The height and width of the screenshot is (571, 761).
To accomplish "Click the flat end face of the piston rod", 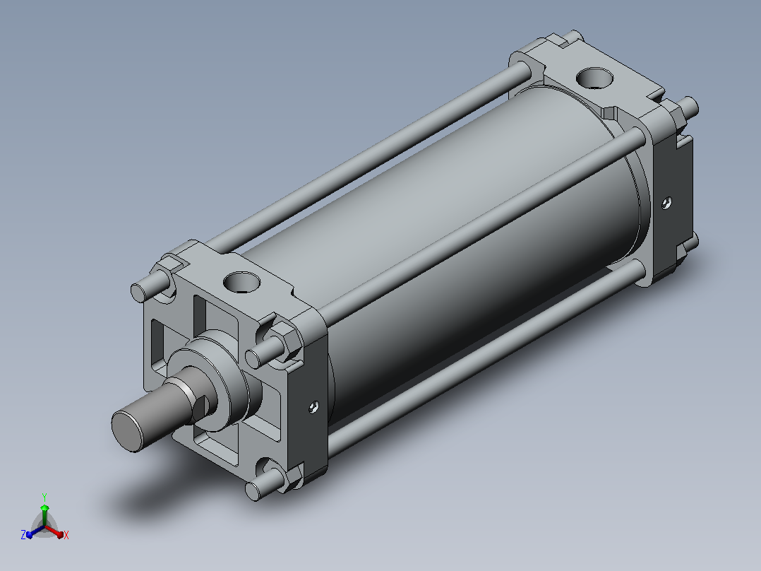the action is point(128,432).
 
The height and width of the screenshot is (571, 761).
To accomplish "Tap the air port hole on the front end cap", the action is point(241,282).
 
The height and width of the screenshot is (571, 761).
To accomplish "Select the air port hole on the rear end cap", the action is point(594,78).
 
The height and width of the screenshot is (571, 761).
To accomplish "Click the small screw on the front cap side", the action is point(314,407).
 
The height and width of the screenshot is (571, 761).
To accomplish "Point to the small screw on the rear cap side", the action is point(667,203).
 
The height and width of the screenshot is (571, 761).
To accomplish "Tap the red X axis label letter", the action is point(66,535).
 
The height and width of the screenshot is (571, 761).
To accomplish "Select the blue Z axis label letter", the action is point(23,535).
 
